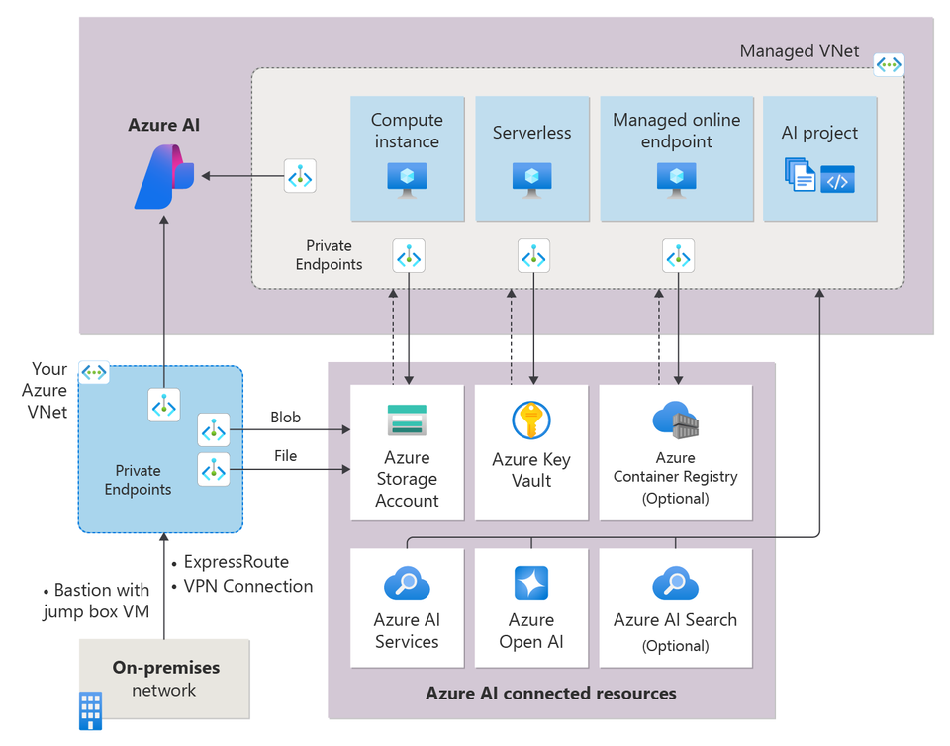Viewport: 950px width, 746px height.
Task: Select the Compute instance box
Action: [x=407, y=158]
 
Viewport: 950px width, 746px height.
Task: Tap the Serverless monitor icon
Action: [x=532, y=178]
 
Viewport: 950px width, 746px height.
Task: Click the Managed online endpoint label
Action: [x=676, y=131]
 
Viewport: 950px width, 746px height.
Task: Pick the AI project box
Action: [x=819, y=158]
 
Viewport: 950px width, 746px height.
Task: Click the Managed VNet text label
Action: [x=800, y=51]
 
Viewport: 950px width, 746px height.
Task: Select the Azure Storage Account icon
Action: [x=407, y=420]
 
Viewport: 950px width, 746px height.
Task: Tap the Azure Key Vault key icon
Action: [x=531, y=420]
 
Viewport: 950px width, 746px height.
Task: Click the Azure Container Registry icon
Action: [x=675, y=420]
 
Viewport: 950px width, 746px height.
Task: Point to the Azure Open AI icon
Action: [x=531, y=584]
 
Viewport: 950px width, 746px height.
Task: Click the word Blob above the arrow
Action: [x=285, y=418]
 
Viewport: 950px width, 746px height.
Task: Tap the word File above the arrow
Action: [x=285, y=456]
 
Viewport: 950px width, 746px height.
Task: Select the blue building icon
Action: [x=90, y=710]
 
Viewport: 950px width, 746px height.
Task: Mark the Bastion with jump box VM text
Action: [x=96, y=601]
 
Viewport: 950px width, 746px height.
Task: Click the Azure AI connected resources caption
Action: [x=551, y=693]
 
